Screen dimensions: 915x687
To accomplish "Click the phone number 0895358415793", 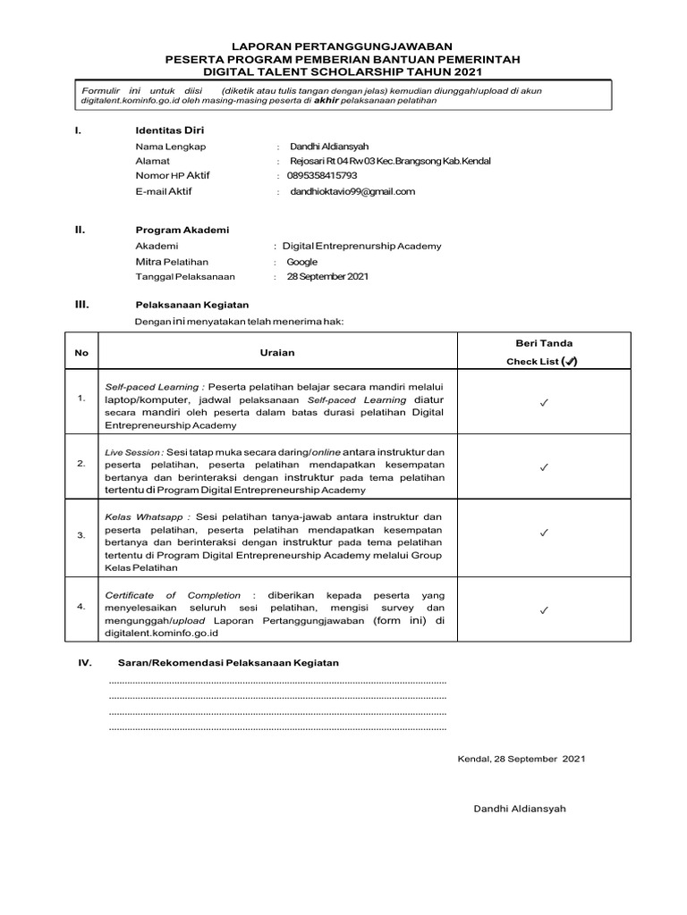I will coord(323,176).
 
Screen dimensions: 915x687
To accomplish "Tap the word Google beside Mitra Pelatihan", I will coord(302,262).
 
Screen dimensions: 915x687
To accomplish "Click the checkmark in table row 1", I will coord(543,404).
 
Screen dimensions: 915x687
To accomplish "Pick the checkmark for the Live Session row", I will coord(543,467).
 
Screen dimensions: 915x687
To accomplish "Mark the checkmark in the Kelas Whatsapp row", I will coord(543,533).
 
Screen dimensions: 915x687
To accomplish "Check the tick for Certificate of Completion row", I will coord(543,611).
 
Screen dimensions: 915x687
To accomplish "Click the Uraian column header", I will coord(277,353).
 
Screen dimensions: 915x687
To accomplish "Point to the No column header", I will coord(81,353).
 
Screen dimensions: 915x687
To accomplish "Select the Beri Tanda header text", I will coord(544,343).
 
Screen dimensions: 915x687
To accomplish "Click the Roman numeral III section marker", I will coord(81,305).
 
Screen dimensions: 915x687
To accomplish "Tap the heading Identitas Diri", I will coord(170,130).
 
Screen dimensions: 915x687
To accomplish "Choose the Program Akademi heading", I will coord(182,230).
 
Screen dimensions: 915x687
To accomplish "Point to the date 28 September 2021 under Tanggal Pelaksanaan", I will coord(327,277).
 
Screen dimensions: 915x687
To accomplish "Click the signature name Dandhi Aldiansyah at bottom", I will coord(520,809).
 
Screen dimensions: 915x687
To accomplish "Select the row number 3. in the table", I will coord(81,535).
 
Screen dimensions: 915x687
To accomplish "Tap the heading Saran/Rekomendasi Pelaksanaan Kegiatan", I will coord(228,663).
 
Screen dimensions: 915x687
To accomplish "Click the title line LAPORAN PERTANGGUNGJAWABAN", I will coord(343,45).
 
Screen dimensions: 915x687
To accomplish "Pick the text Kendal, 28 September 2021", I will coord(521,759).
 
